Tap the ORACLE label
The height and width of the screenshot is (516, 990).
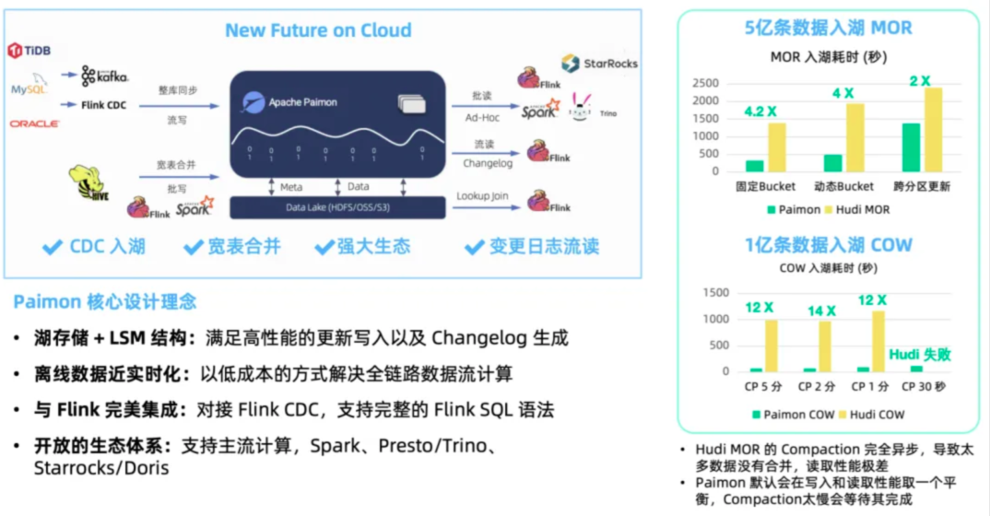pyautogui.click(x=35, y=123)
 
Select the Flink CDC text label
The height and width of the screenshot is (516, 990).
pyautogui.click(x=103, y=105)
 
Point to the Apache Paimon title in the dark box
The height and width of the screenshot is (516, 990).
pyautogui.click(x=301, y=102)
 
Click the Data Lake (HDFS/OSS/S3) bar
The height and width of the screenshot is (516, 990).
pyautogui.click(x=337, y=208)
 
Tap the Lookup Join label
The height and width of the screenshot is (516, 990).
pyautogui.click(x=483, y=196)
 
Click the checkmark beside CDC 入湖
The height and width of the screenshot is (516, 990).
pyautogui.click(x=53, y=247)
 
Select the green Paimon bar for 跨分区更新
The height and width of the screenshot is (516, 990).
pyautogui.click(x=911, y=147)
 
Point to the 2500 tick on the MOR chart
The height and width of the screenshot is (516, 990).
pyautogui.click(x=705, y=83)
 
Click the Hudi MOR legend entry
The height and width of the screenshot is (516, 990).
pyautogui.click(x=856, y=209)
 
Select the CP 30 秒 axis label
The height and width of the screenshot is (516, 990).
pyautogui.click(x=924, y=387)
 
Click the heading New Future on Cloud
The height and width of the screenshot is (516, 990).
pyautogui.click(x=318, y=31)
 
